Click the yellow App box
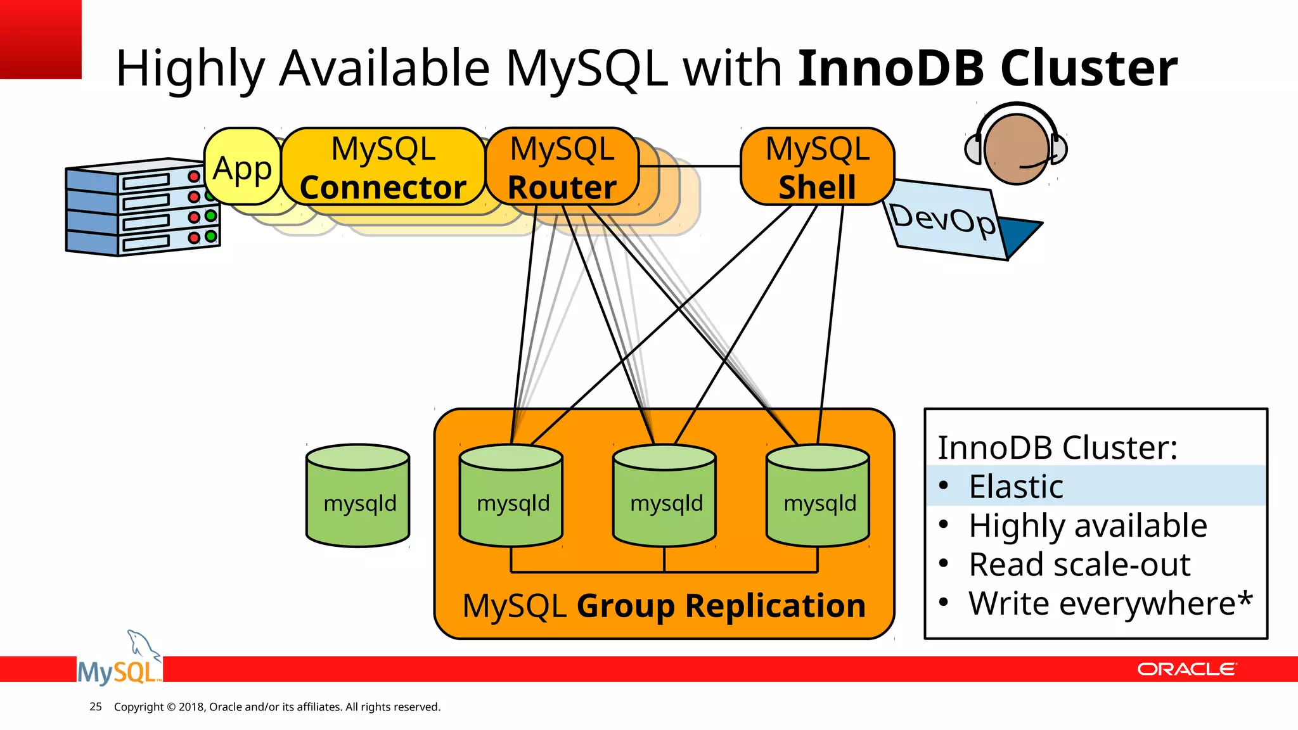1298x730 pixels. coord(243,167)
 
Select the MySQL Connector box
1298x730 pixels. coord(383,167)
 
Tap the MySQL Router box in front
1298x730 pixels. coord(562,167)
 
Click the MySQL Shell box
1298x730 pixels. coord(817,167)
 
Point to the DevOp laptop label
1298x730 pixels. coord(942,220)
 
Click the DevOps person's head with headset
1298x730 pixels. coord(1016,149)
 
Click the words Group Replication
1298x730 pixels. coord(721,606)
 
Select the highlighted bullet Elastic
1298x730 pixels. coord(1016,487)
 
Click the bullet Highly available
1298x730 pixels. coord(1088,526)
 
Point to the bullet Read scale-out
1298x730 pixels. coord(1079,565)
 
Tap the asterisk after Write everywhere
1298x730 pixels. coord(1245,598)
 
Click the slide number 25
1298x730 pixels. coord(96,707)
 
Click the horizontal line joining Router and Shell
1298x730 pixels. coord(690,166)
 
